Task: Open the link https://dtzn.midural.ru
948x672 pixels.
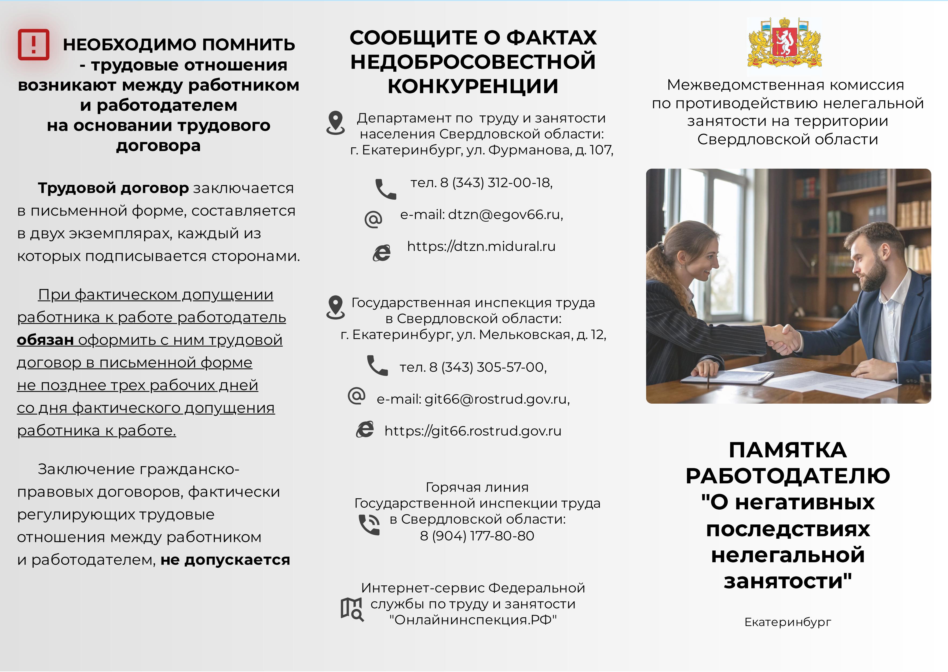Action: pyautogui.click(x=481, y=246)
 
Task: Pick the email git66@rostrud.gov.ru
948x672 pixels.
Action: pyautogui.click(x=497, y=399)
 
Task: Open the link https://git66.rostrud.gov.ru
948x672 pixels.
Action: pyautogui.click(x=473, y=431)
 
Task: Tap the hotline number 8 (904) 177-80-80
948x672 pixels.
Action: pyautogui.click(x=477, y=536)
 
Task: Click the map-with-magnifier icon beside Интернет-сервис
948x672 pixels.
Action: pyautogui.click(x=352, y=609)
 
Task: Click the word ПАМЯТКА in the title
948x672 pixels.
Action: pyautogui.click(x=788, y=450)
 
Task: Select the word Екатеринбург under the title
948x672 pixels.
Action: pyautogui.click(x=788, y=622)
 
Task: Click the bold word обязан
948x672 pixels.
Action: pyautogui.click(x=46, y=340)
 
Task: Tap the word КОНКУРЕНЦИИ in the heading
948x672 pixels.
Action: pyautogui.click(x=473, y=86)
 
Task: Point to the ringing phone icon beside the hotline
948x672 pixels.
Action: pyautogui.click(x=369, y=524)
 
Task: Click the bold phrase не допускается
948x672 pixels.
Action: pyautogui.click(x=225, y=560)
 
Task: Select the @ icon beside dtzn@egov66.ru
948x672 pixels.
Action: pyautogui.click(x=373, y=219)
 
